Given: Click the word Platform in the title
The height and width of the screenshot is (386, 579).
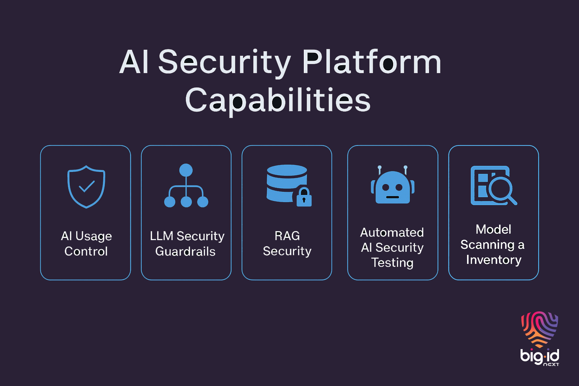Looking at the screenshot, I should [x=371, y=62].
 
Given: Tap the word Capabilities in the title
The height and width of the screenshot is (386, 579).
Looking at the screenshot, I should [x=278, y=100].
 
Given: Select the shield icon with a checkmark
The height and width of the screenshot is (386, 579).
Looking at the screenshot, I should [x=86, y=187].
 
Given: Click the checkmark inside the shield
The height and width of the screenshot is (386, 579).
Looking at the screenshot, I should [x=86, y=186].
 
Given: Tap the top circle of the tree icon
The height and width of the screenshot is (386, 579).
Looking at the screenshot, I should [x=186, y=170].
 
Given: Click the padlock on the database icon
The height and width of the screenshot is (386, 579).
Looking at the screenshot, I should [x=304, y=197].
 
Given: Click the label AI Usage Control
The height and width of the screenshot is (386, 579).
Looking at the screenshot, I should [x=86, y=244].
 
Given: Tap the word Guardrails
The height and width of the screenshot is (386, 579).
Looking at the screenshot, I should [x=185, y=251].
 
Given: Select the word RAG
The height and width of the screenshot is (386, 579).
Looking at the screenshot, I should [x=287, y=236].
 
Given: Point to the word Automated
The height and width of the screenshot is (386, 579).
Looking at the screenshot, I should [x=392, y=233].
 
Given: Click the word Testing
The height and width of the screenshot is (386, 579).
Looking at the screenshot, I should [x=392, y=263].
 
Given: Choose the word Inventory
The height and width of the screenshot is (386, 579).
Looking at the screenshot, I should [x=493, y=260].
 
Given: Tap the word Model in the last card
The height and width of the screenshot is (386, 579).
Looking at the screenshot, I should [x=493, y=229].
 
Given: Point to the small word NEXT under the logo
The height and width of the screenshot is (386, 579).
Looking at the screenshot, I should [x=551, y=365].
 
